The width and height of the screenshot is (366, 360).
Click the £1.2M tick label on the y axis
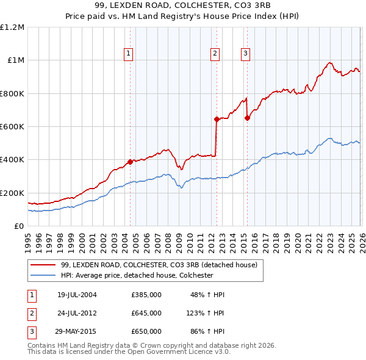click(12, 27)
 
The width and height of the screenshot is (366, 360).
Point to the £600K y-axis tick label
click(12, 126)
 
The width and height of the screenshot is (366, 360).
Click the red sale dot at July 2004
click(130, 162)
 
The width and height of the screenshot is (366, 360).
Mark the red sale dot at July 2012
click(217, 119)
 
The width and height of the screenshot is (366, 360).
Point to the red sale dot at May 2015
click(247, 118)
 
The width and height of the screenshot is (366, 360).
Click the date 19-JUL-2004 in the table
click(77, 295)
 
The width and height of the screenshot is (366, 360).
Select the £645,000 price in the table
click(146, 313)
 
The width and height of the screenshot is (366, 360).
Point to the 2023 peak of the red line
click(329, 62)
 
